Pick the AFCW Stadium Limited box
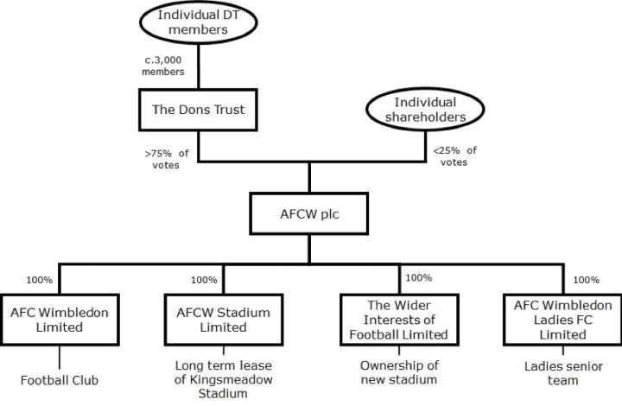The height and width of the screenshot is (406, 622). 216,319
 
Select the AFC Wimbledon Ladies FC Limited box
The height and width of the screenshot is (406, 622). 562,319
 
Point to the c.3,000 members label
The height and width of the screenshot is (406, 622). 163,67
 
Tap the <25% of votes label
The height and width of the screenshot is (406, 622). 454,155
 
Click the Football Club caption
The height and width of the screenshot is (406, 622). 60,379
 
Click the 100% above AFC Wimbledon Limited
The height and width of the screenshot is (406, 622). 39,280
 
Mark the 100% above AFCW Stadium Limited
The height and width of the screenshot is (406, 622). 204,280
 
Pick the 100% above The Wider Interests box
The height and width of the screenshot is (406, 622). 418,278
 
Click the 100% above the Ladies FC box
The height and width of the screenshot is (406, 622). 586,280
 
